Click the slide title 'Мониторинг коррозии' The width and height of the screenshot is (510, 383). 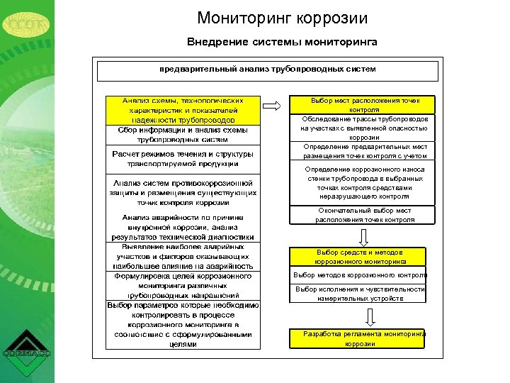click(x=283, y=18)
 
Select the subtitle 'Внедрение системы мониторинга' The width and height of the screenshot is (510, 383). click(x=282, y=42)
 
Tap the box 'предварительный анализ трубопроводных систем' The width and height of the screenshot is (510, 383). click(x=267, y=70)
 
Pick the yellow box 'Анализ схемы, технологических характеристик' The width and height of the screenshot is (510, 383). click(x=183, y=111)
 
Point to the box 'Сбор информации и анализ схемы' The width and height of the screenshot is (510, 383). click(x=183, y=135)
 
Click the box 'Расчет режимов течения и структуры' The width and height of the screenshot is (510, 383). click(x=183, y=159)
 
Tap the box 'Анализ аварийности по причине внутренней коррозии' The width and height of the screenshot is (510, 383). click(x=183, y=226)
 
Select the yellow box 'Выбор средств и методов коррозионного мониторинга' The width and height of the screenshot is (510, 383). click(x=358, y=257)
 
